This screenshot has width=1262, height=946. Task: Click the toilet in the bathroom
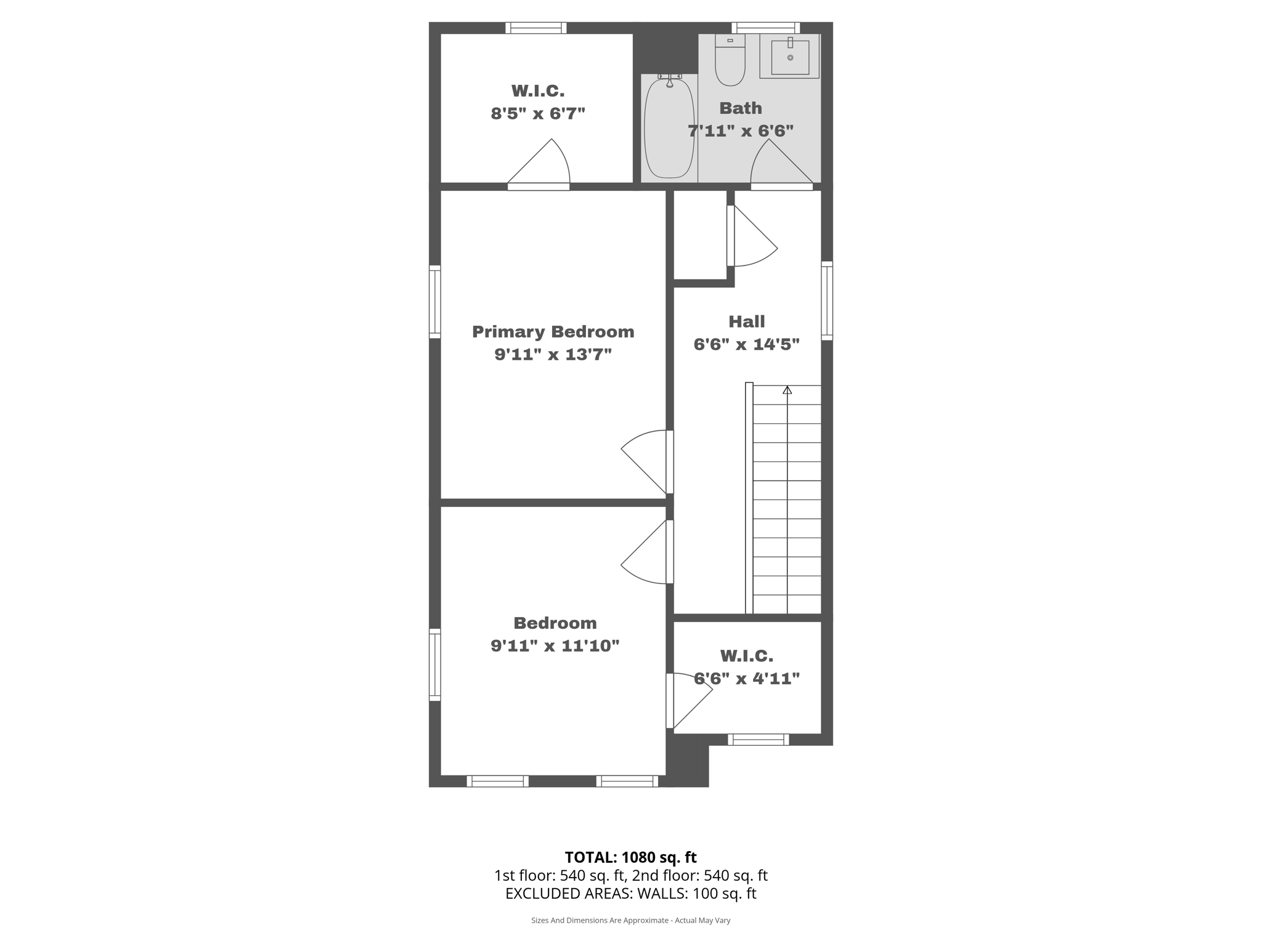pos(730,62)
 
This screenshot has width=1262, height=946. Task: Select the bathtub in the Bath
pos(669,128)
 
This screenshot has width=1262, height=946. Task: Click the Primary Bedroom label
pos(553,332)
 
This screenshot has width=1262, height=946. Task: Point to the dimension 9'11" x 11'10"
pos(555,646)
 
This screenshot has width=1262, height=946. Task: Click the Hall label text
pos(746,321)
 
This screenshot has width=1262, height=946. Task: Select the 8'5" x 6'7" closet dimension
pos(537,114)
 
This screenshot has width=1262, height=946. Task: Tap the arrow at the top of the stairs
pos(787,390)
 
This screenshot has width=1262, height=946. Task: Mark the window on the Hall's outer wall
pos(827,301)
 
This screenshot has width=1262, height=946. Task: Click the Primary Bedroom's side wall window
pos(435,302)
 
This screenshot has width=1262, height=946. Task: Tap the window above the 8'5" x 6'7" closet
pos(535,28)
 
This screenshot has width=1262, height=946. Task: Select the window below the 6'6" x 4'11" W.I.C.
pos(758,740)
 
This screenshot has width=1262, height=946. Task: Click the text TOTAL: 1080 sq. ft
pos(630,857)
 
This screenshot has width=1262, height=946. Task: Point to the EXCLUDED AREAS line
pos(630,894)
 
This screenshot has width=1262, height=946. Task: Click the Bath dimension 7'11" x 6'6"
pos(740,131)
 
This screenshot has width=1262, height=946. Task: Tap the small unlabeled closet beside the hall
pos(700,234)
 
